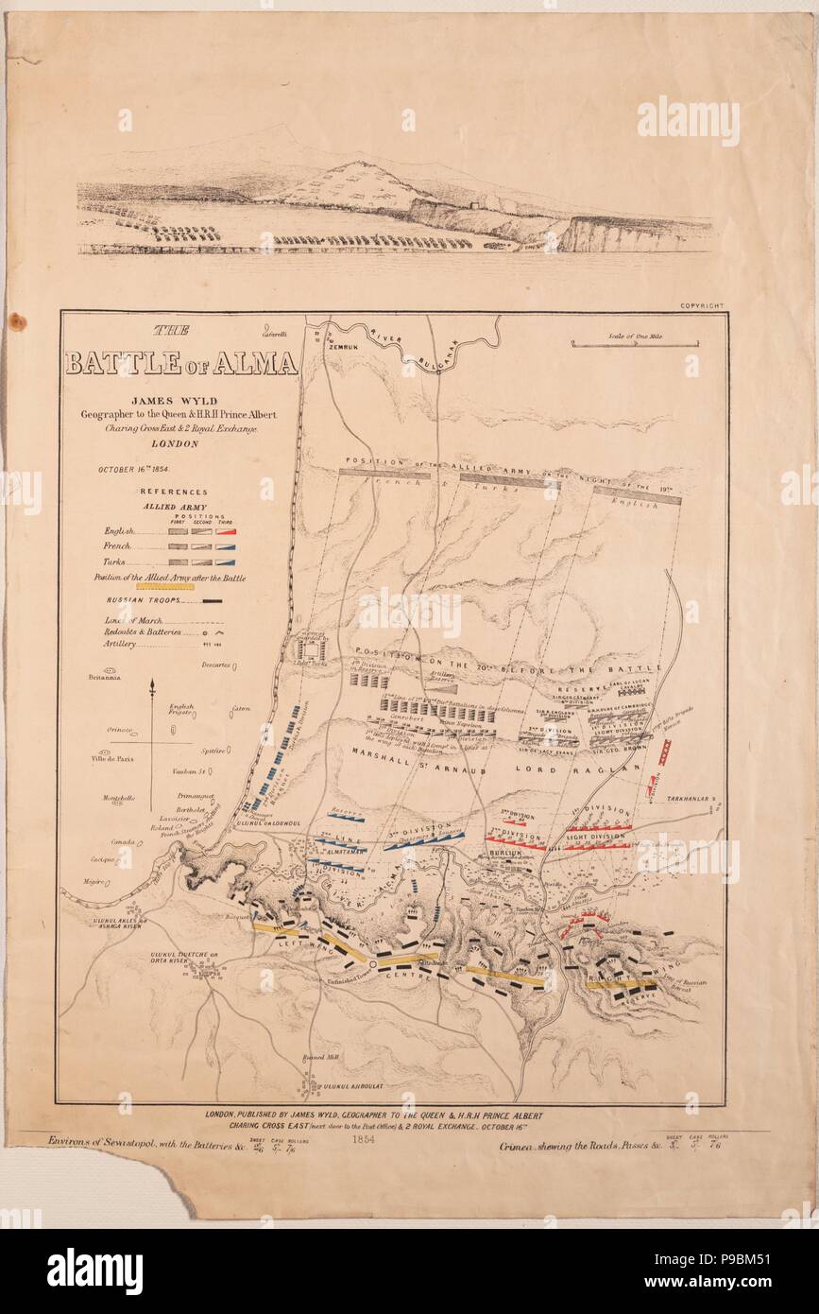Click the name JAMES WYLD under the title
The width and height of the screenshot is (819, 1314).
coord(180,400)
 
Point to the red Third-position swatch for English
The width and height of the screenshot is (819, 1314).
coord(226,531)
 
